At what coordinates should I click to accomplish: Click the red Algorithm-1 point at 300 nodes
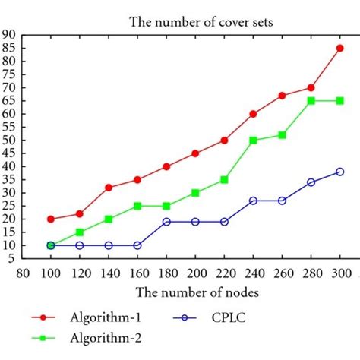coord(339,48)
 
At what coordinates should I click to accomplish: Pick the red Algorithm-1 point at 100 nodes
coord(51,219)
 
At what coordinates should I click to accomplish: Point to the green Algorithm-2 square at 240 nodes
coord(253,140)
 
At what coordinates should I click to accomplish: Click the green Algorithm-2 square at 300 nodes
coord(339,100)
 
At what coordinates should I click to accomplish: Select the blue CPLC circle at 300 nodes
coord(339,172)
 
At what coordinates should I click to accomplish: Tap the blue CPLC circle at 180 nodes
coord(166,222)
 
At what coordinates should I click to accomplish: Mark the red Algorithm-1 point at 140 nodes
coord(109,187)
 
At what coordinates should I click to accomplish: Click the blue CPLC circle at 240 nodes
coord(253,201)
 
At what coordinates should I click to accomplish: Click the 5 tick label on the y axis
coord(13,259)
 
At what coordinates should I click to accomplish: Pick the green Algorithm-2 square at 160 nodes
coord(137,206)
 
